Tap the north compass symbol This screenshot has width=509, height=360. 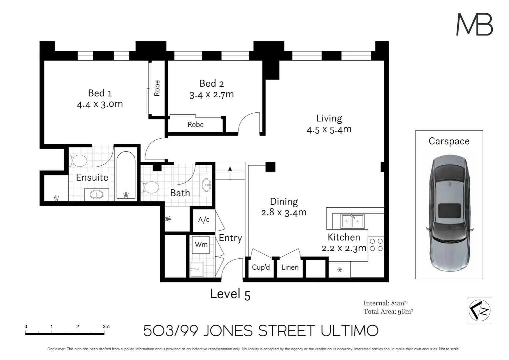(x=479, y=310)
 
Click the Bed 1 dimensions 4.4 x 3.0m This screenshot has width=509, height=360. (x=100, y=104)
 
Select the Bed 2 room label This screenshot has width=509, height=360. (x=212, y=84)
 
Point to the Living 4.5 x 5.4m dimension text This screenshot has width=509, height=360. (x=329, y=129)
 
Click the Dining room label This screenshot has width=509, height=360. (x=284, y=202)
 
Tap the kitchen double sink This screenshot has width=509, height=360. (x=352, y=221)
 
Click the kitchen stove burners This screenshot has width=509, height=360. (x=376, y=245)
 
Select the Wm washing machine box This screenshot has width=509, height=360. (x=201, y=245)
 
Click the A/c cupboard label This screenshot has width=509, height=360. (x=204, y=220)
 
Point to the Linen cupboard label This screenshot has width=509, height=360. (x=290, y=267)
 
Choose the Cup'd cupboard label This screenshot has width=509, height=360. (x=261, y=267)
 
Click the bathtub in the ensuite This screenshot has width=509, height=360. (x=126, y=175)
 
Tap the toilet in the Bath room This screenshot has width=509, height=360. (x=150, y=187)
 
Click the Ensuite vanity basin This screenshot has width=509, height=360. (x=97, y=195)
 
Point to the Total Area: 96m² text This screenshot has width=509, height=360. (x=388, y=311)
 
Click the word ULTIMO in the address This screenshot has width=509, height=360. (x=350, y=331)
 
